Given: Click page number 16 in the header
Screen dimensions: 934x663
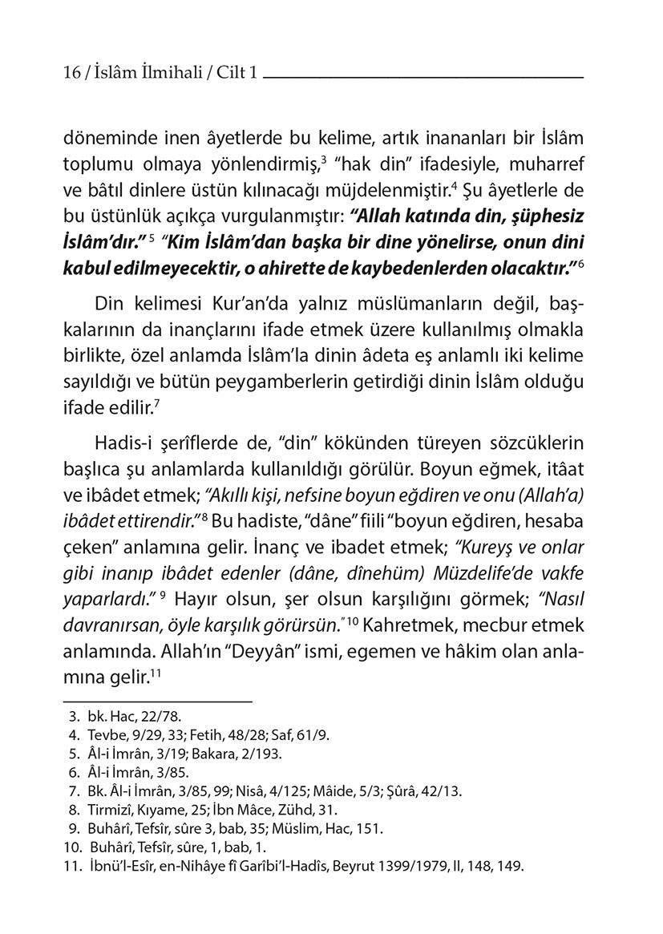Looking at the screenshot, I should pos(71,74).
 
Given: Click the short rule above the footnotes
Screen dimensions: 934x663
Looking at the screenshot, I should pos(157,701).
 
